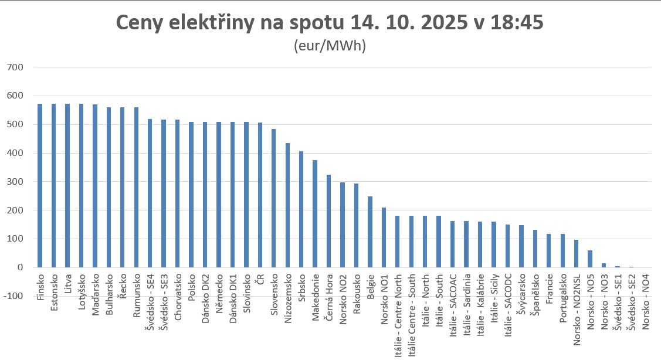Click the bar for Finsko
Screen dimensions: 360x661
pos(40,185)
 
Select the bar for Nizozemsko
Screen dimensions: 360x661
pos(287,205)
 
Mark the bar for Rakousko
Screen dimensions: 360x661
pos(356,225)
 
